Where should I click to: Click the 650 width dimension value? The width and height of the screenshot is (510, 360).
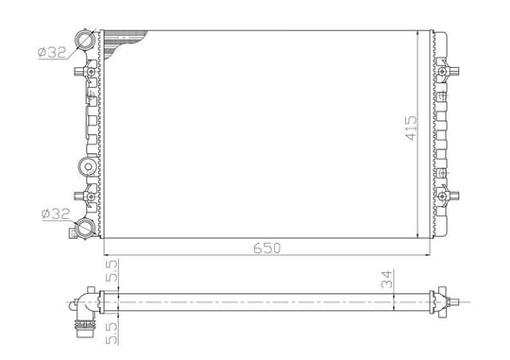[x=266, y=249]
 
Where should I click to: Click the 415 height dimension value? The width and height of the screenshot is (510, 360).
[x=411, y=128]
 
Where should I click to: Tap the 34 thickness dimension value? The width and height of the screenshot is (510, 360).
[x=387, y=280]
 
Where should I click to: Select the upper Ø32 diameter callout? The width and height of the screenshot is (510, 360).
[x=52, y=52]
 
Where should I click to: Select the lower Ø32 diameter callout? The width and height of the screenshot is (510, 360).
[x=56, y=214]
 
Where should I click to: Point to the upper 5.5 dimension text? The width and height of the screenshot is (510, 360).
[x=112, y=270]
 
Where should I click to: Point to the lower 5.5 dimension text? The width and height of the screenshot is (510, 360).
[x=112, y=334]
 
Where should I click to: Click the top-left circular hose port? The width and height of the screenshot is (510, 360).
[x=85, y=40]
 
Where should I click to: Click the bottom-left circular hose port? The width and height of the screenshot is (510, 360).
[x=85, y=229]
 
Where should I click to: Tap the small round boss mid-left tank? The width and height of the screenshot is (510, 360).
[x=88, y=167]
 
